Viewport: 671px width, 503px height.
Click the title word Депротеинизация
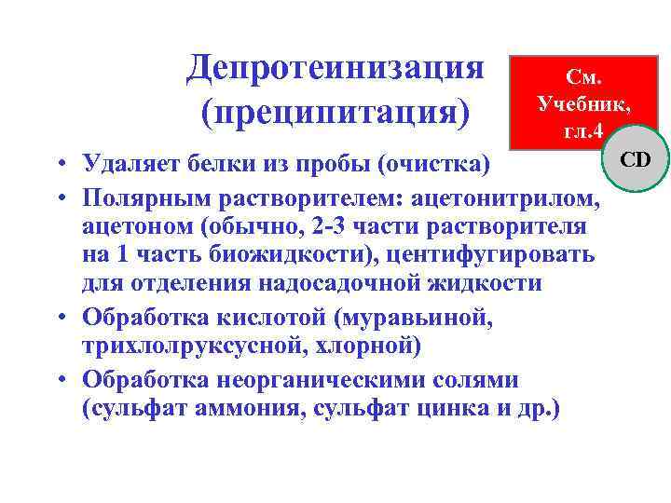coord(335,67)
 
